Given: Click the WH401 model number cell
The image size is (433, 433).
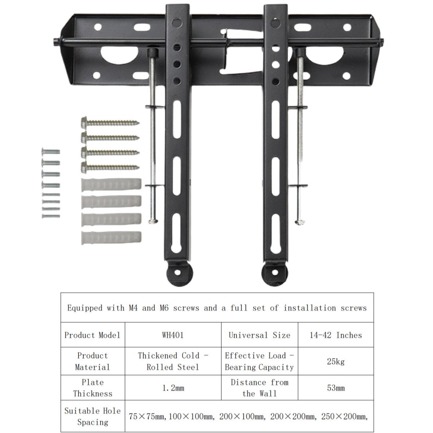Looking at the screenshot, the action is pyautogui.click(x=173, y=335).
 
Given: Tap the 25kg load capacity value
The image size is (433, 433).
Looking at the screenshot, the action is pyautogui.click(x=336, y=362).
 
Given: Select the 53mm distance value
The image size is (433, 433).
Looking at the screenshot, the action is pyautogui.click(x=336, y=388).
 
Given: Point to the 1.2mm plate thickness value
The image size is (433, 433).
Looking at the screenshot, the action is pyautogui.click(x=173, y=388).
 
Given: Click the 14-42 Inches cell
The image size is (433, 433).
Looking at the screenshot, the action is pyautogui.click(x=336, y=335).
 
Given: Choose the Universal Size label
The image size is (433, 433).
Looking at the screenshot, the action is pyautogui.click(x=259, y=335).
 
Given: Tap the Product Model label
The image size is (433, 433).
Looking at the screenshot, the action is pyautogui.click(x=92, y=335).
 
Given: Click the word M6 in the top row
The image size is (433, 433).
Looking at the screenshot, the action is pyautogui.click(x=164, y=308).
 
